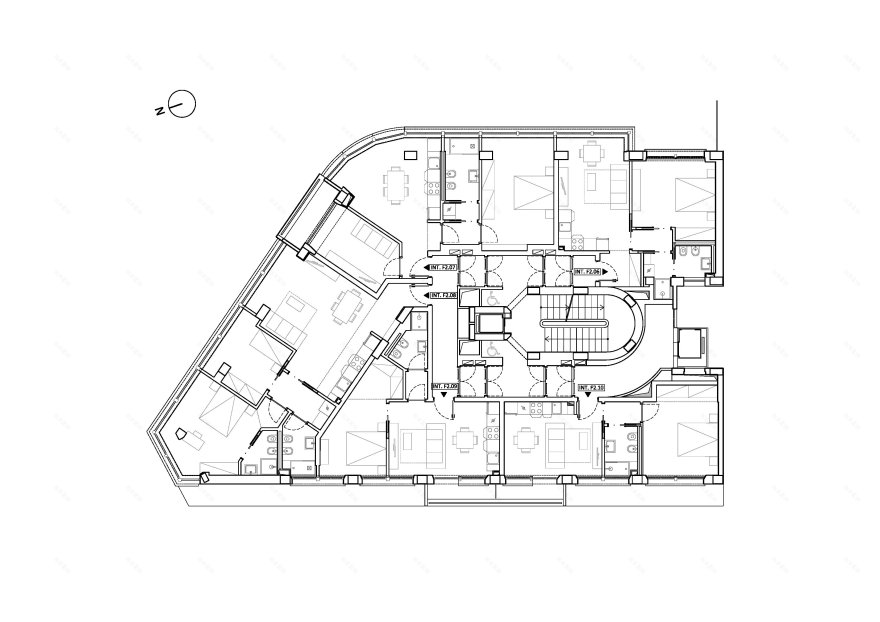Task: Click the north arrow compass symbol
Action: pos(182,104)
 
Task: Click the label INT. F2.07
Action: pos(443,269)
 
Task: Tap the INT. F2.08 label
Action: pos(443,295)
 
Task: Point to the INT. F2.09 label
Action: pos(445,386)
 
